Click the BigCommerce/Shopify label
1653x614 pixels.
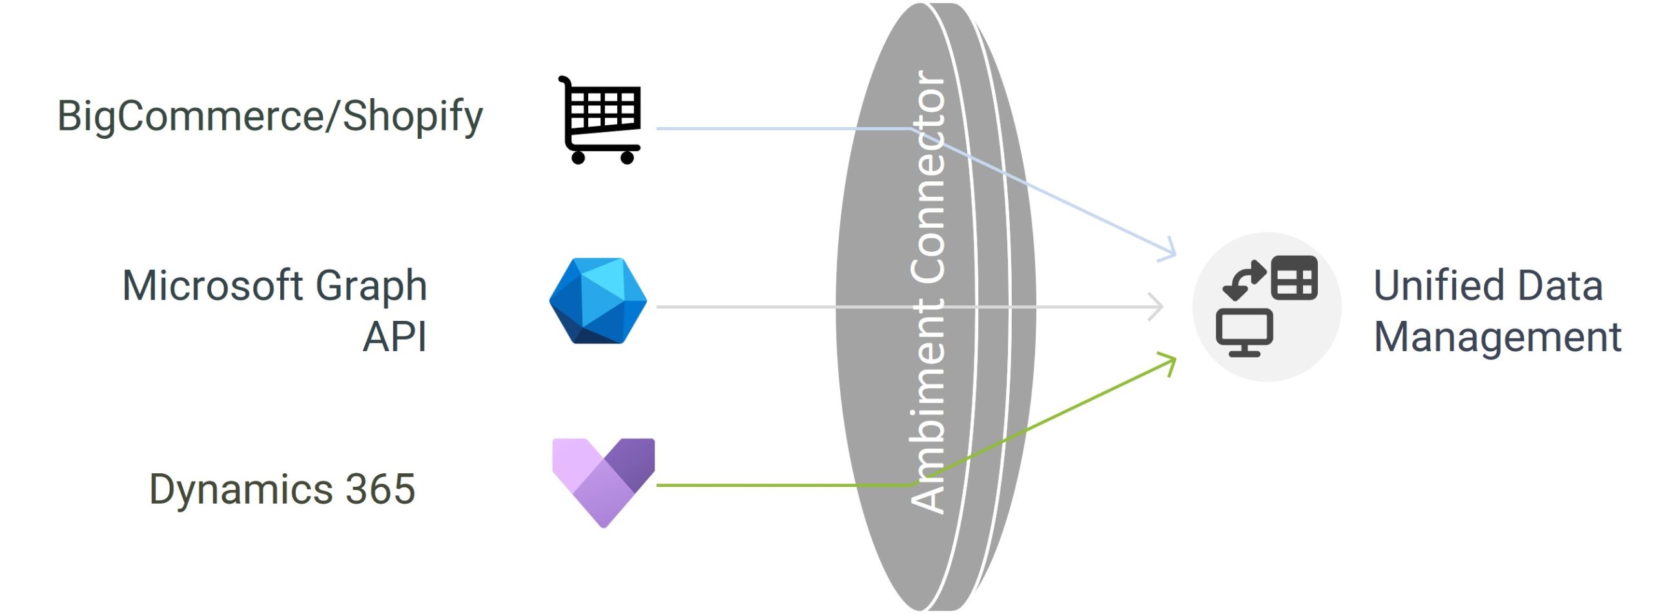pos(270,117)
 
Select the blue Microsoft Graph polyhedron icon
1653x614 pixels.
pos(598,301)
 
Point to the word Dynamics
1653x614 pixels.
pos(240,489)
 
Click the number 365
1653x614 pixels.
pos(380,489)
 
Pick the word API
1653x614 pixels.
pos(395,337)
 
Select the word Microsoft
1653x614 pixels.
pos(212,285)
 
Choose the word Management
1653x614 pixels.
pos(1497,337)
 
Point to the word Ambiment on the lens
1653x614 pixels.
pos(929,407)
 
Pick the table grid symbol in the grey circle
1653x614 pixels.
pos(1294,278)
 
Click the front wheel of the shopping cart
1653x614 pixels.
pos(627,158)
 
